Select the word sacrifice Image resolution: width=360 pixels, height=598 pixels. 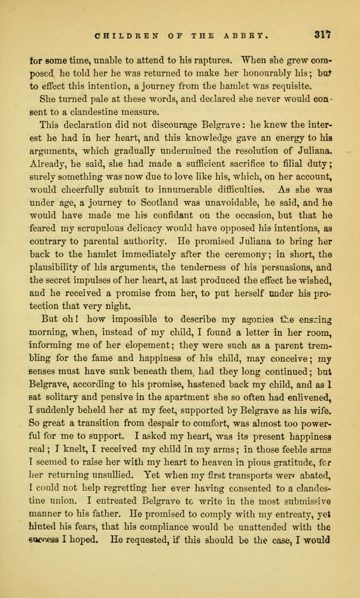tap(237, 164)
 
